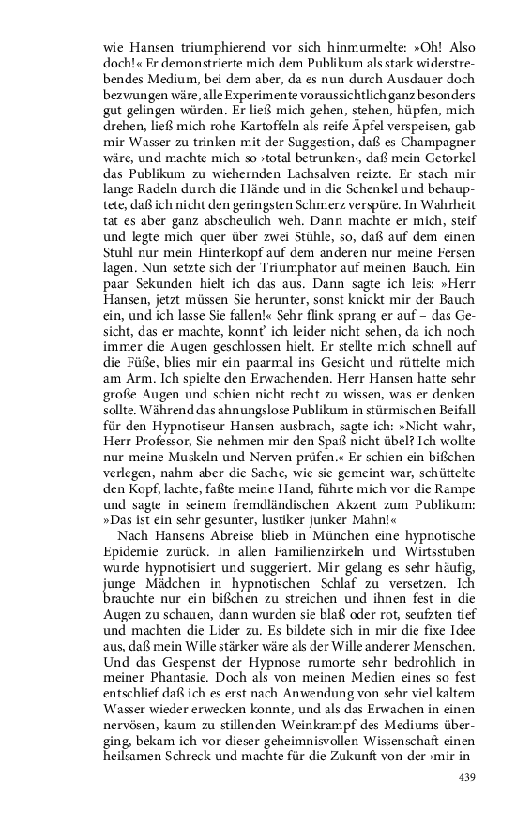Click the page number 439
tap(468, 777)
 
